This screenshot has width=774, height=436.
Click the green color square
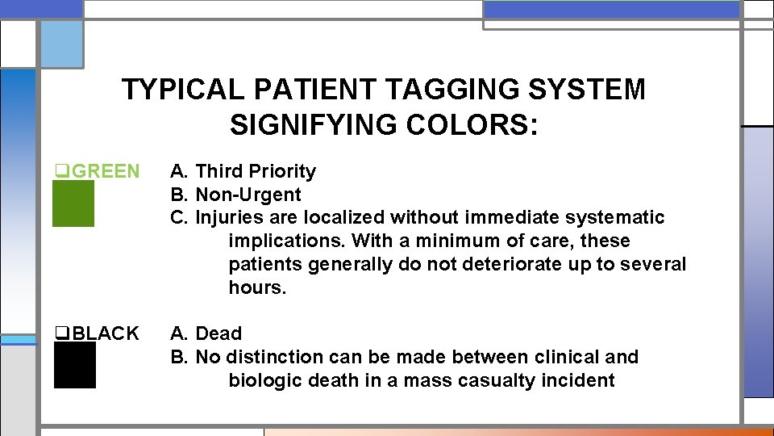(x=73, y=203)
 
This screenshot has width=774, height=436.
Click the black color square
(x=74, y=365)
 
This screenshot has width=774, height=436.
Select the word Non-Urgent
(x=248, y=195)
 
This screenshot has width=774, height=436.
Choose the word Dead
(x=218, y=333)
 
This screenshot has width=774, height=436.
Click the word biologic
(x=264, y=380)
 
